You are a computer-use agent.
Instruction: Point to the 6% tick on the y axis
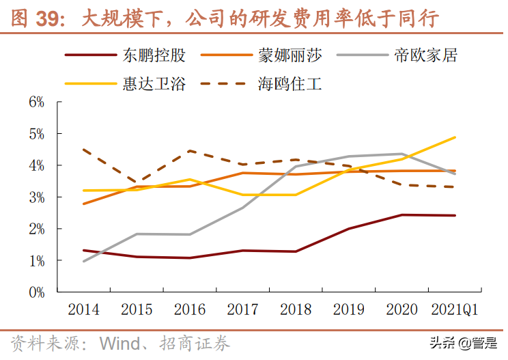point(36,102)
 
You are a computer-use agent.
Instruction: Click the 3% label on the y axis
point(36,197)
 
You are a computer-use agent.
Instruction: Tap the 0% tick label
point(36,292)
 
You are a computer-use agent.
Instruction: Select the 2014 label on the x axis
point(83,309)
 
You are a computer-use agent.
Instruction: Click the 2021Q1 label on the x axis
point(455,309)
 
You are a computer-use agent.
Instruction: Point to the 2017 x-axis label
point(242,309)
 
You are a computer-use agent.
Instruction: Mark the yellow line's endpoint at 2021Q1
point(455,137)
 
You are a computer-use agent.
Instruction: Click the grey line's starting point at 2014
point(83,261)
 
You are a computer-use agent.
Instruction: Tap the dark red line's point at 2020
point(402,215)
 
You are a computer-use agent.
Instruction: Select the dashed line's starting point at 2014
point(83,150)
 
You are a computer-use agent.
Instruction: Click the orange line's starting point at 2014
point(83,204)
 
